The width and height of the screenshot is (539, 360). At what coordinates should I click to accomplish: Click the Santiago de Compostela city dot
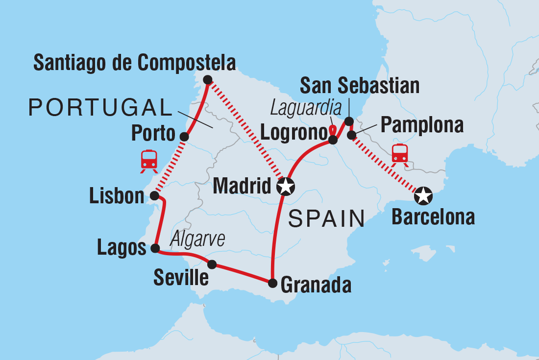point(207,80)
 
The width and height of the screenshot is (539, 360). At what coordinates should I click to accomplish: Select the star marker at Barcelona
point(423,196)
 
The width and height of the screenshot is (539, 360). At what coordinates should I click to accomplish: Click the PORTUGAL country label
point(98,107)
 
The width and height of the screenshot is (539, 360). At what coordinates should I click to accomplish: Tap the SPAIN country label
point(327,219)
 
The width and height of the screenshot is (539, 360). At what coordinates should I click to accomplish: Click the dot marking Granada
point(272,283)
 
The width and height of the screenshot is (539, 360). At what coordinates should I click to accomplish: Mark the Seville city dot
point(212,264)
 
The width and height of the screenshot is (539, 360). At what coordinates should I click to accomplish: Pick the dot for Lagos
point(155,248)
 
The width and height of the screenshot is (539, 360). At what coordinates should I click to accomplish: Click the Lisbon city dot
point(154,196)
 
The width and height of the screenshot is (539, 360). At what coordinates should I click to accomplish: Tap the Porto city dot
point(184,137)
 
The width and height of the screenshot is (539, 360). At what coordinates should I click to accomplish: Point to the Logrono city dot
point(333,140)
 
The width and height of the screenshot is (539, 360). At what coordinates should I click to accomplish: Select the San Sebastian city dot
point(349,121)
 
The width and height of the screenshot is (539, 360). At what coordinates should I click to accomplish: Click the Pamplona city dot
point(351,135)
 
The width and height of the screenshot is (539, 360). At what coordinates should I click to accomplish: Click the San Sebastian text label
point(360,86)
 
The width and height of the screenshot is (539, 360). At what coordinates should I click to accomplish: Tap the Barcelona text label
point(433,217)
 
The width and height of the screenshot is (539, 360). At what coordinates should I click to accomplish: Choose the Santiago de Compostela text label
point(135,63)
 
